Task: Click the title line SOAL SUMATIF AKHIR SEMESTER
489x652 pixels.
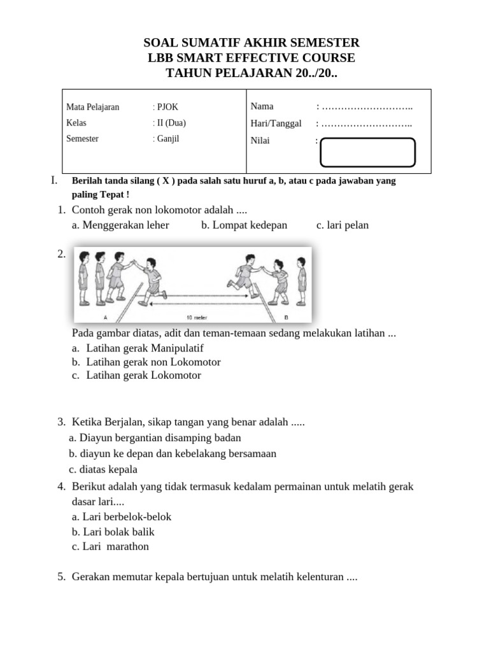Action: pos(252,43)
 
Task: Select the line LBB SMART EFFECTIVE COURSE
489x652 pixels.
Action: pos(252,58)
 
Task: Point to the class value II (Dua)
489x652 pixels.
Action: pos(169,123)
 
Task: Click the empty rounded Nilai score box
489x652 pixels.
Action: pos(367,153)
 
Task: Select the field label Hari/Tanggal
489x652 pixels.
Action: pos(276,124)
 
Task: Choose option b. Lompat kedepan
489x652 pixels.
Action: pos(244,225)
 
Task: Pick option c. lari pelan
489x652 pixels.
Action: pos(342,225)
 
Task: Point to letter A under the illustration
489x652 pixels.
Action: pos(105,317)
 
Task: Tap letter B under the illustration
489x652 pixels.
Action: pos(286,317)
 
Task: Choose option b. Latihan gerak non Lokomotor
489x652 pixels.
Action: pos(146,362)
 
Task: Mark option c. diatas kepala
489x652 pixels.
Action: pos(103,470)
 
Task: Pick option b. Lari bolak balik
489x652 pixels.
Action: pos(113,532)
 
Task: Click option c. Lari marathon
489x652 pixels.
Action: pos(110,546)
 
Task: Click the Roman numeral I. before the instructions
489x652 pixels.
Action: pos(53,181)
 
